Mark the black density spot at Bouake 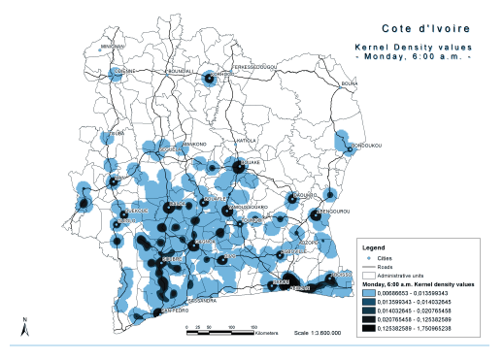click(236, 167)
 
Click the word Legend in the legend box click(374, 247)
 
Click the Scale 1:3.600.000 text click(317, 332)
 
